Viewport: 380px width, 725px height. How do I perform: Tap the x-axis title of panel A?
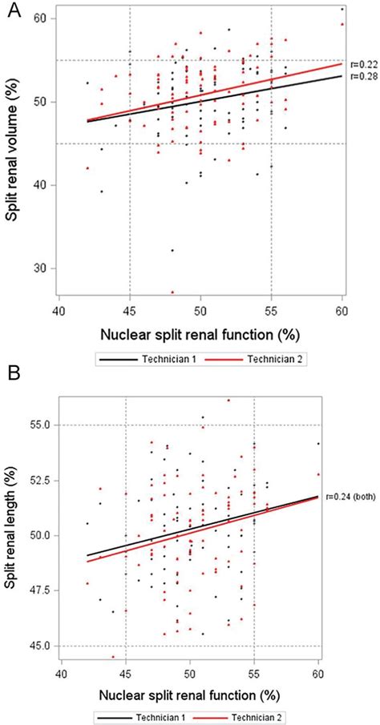(x=200, y=332)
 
